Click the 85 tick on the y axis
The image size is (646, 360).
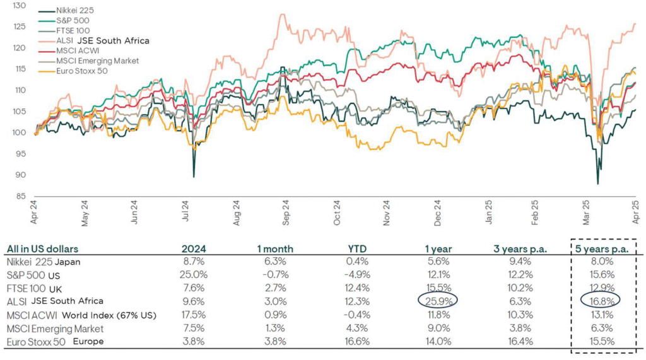[x=21, y=196]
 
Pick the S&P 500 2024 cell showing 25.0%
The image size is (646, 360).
[x=194, y=275]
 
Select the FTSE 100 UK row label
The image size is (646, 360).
[x=34, y=288]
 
